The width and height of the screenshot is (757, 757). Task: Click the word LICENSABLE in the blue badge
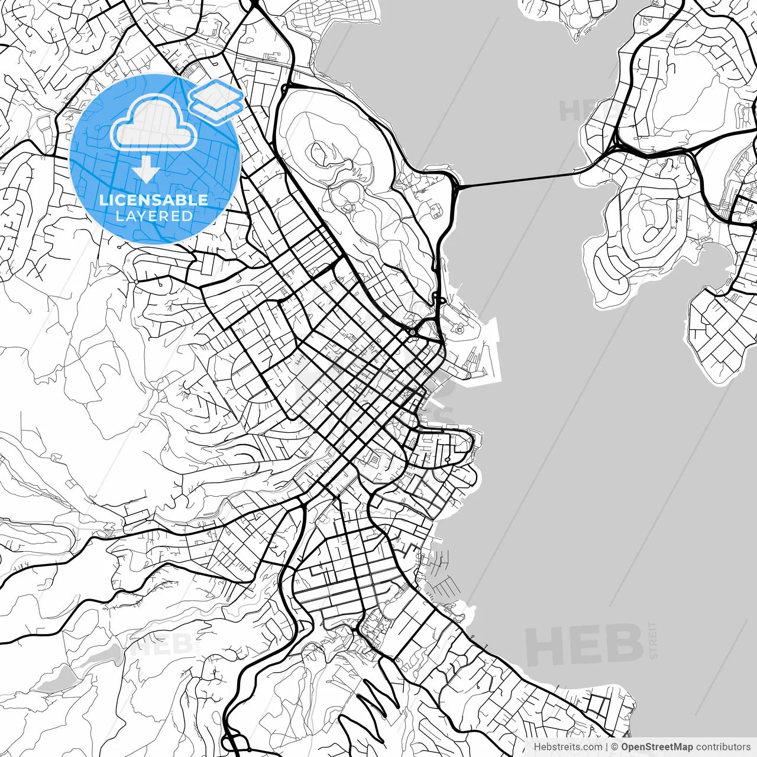pos(154,200)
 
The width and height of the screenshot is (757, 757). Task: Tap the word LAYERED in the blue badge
pos(154,216)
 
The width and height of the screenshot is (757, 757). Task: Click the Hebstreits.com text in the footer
pos(568,747)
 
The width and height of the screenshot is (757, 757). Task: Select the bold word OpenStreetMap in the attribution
pos(656,747)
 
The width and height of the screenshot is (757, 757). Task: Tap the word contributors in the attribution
pos(723,747)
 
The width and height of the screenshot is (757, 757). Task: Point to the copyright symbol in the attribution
pos(614,747)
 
